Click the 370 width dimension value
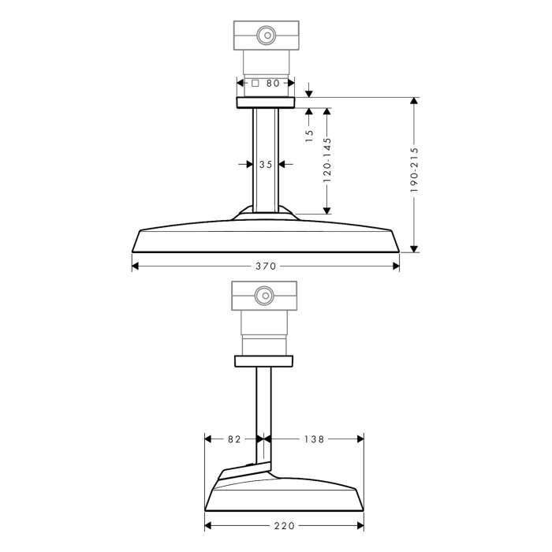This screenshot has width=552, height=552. click(x=266, y=267)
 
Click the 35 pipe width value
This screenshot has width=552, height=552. click(x=265, y=164)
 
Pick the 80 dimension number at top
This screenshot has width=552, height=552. click(x=272, y=82)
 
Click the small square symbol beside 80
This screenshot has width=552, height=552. click(x=255, y=82)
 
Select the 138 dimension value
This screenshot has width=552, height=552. click(x=314, y=438)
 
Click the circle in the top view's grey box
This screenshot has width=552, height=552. click(x=266, y=35)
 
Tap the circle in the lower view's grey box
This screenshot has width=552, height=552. click(x=265, y=297)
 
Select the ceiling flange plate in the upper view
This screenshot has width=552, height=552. click(x=265, y=103)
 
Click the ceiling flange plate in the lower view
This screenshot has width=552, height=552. click(x=265, y=361)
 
